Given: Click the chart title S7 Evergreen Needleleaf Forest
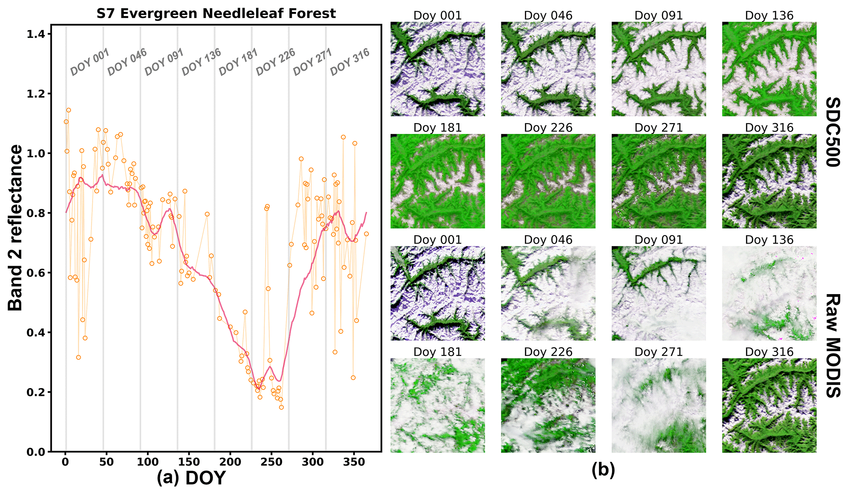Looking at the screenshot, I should click(216, 14).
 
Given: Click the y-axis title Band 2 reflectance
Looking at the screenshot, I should click(16, 227).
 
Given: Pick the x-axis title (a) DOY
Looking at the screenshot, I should click(191, 478).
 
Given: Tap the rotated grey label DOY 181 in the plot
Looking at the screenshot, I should click(238, 62).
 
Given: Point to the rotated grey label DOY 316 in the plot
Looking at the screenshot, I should click(349, 62).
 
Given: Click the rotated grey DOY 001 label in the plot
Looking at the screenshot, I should click(89, 62).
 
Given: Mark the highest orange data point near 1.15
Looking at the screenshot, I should click(68, 110).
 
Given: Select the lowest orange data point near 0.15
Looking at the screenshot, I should click(281, 407).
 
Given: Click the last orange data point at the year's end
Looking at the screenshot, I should click(366, 234).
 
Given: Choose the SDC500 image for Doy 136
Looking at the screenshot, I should click(769, 69).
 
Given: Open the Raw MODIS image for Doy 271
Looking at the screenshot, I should click(659, 405).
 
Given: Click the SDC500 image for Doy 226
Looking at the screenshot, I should click(548, 181).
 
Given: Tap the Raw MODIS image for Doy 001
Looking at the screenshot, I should click(438, 293).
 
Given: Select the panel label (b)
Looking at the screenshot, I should click(603, 470).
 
